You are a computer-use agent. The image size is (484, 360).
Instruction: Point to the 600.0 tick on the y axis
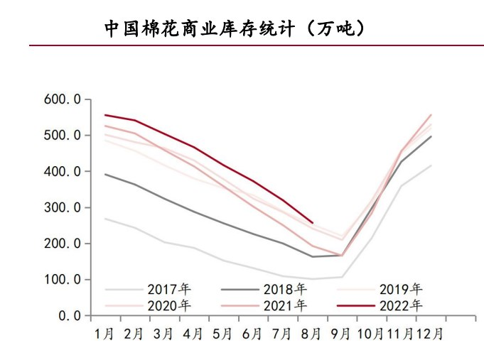click(63, 99)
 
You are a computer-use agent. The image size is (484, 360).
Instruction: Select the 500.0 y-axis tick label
click(63, 136)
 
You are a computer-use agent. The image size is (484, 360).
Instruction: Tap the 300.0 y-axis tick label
click(63, 208)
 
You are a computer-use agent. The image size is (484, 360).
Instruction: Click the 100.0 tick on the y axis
click(63, 280)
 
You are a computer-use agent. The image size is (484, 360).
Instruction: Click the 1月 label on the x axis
click(104, 332)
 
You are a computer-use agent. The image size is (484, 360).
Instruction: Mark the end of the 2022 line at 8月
click(313, 222)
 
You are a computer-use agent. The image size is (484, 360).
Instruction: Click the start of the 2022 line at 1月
click(105, 115)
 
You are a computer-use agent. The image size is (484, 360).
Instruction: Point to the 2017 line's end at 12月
click(431, 165)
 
